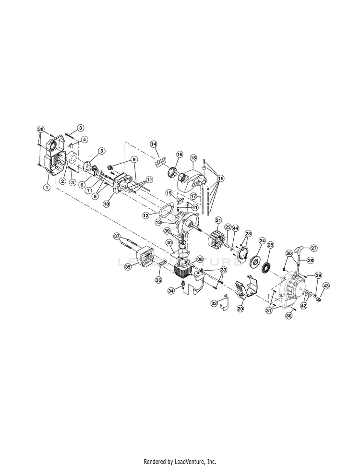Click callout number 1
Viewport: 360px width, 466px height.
[x=47, y=188]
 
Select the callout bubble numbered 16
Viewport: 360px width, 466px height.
[x=180, y=155]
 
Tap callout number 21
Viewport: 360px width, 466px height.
[x=218, y=220]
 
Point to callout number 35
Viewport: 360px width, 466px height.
[x=128, y=267]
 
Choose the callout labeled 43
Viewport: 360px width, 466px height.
[x=326, y=286]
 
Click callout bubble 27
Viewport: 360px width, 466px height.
[x=314, y=248]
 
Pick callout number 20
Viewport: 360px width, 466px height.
[x=240, y=309]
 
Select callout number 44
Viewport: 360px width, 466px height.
[x=236, y=228]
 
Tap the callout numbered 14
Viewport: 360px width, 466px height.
[x=154, y=144]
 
